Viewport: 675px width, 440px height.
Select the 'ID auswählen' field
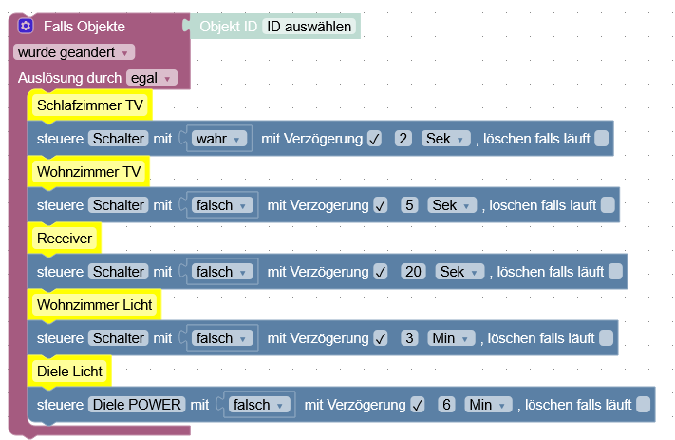coord(309,27)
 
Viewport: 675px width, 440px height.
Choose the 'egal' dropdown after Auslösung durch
coord(152,78)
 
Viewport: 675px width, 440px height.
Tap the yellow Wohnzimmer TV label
coord(88,171)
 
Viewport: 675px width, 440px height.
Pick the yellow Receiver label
coord(66,238)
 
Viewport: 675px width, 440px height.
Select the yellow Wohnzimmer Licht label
coord(94,305)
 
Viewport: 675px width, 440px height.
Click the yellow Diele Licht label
coord(69,371)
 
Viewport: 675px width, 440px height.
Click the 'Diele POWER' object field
coord(137,405)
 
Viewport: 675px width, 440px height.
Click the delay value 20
coord(414,272)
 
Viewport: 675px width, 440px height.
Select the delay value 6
coord(447,405)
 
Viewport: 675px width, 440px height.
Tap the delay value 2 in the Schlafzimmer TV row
coord(403,139)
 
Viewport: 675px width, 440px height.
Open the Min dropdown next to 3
coord(451,338)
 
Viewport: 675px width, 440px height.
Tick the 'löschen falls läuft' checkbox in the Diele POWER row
coord(643,405)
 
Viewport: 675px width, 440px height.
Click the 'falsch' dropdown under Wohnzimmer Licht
coord(220,338)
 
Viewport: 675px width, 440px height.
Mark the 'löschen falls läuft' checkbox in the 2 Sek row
coord(601,139)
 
